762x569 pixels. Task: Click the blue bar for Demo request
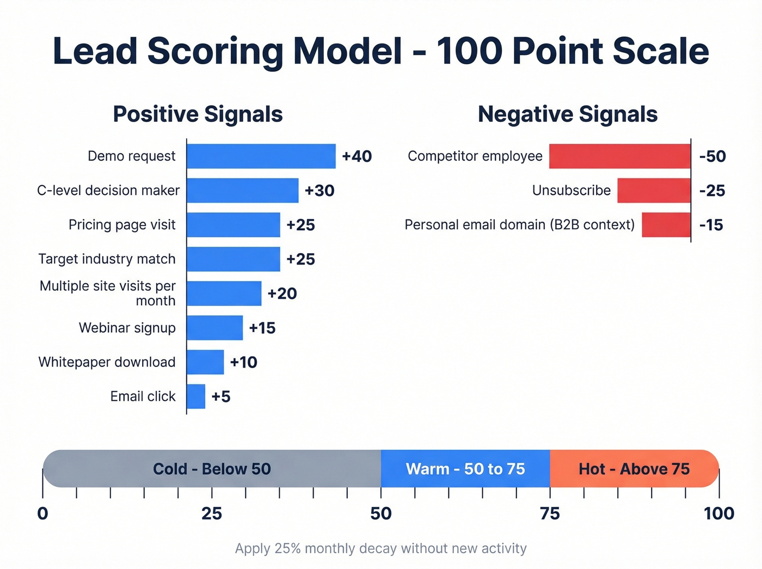coord(261,156)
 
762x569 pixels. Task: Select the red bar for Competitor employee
coord(620,156)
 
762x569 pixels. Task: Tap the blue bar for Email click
coord(196,396)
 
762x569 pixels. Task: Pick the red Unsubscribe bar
coord(654,191)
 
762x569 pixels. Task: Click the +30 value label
coord(319,191)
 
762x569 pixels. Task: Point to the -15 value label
coord(711,225)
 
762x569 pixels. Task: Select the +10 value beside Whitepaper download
coord(243,362)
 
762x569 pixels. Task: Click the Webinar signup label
coord(127,328)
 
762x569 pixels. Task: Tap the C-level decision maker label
coord(108,191)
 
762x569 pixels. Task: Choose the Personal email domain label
coord(520,225)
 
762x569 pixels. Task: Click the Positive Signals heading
coord(198,114)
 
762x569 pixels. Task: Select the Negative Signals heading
coord(568,114)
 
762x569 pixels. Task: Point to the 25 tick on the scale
coord(212,513)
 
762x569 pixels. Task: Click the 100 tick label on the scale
coord(718,513)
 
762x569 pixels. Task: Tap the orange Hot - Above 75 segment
coord(634,469)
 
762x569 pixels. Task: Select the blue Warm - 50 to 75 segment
coord(465,469)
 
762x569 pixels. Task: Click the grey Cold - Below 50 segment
coord(212,469)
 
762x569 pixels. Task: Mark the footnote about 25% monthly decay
coord(381,548)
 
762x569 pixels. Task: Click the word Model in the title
coord(348,51)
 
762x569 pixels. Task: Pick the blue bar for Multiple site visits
coord(224,293)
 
